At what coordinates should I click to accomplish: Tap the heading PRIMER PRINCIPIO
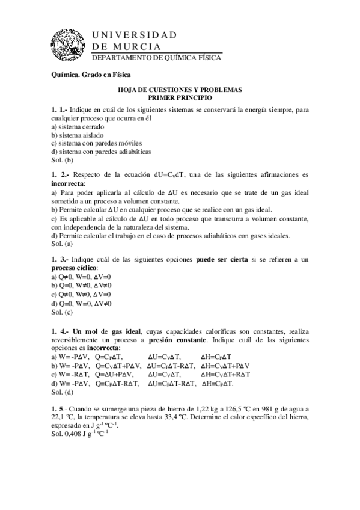[180, 97]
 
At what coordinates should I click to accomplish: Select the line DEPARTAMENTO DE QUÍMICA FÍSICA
[156, 58]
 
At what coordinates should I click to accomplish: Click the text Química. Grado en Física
[91, 75]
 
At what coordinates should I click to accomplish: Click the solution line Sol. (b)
[62, 160]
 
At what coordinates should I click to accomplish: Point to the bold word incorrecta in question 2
[68, 183]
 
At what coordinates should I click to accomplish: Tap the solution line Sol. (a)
[62, 244]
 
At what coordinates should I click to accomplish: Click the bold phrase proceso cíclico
[75, 267]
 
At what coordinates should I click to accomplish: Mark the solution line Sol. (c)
[62, 312]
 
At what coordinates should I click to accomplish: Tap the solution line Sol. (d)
[62, 392]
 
